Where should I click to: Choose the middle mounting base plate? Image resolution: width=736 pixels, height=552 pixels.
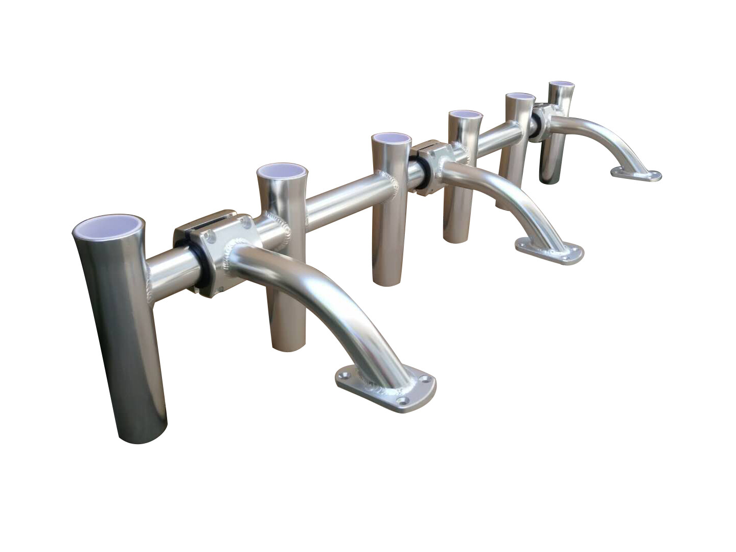click(549, 251)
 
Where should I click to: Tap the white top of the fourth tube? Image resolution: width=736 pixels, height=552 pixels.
click(465, 114)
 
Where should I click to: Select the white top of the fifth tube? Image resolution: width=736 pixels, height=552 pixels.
click(520, 97)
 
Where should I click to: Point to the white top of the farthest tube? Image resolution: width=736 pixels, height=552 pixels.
click(561, 84)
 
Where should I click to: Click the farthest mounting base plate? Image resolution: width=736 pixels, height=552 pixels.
click(636, 175)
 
